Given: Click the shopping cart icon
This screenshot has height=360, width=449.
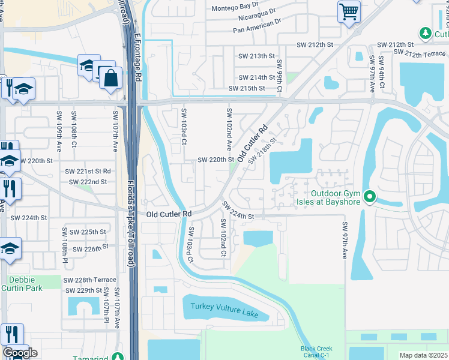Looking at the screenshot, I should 349,11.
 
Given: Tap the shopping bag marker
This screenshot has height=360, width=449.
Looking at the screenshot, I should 110,78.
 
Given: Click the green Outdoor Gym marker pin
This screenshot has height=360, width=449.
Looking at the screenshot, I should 370,197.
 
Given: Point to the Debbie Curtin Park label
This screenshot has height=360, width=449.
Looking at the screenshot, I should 22,284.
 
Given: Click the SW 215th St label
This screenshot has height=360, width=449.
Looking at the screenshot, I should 247,89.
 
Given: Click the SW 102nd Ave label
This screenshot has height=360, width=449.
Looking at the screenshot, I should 229,129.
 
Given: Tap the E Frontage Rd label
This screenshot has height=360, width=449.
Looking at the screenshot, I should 137,57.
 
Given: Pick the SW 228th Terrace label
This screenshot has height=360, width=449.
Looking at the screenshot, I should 89,280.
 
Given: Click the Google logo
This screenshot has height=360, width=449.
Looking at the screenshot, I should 20,353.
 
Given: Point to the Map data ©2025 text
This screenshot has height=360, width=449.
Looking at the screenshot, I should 424,355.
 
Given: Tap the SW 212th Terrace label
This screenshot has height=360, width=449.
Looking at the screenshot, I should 420,54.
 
